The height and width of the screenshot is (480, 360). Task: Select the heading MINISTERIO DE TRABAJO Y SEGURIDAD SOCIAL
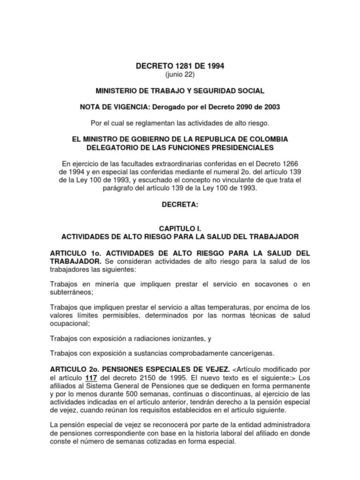pyautogui.click(x=181, y=91)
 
